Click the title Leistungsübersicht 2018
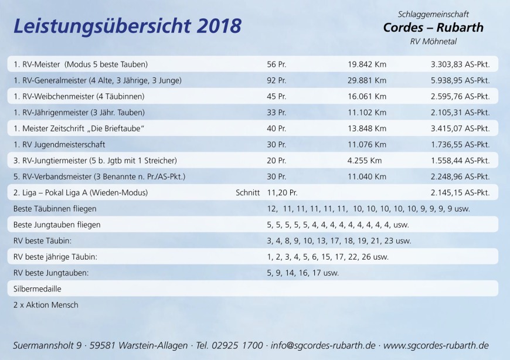pyautogui.click(x=127, y=26)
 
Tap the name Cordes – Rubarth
pyautogui.click(x=433, y=28)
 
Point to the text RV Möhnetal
pyautogui.click(x=433, y=42)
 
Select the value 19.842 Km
pyautogui.click(x=367, y=64)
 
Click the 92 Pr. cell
pyautogui.click(x=276, y=80)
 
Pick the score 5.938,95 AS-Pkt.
pyautogui.click(x=460, y=80)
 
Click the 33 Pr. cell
pyautogui.click(x=276, y=112)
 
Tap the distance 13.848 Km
pyautogui.click(x=367, y=128)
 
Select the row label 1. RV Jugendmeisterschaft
pyautogui.click(x=59, y=144)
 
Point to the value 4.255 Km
pyautogui.click(x=365, y=160)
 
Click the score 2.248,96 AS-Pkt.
pyautogui.click(x=460, y=176)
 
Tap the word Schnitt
pyautogui.click(x=247, y=192)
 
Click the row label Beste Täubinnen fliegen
pyautogui.click(x=55, y=208)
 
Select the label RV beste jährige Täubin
pyautogui.click(x=55, y=256)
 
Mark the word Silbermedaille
pyautogui.click(x=37, y=288)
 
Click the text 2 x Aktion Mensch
pyautogui.click(x=46, y=305)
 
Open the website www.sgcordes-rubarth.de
pyautogui.click(x=436, y=345)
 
